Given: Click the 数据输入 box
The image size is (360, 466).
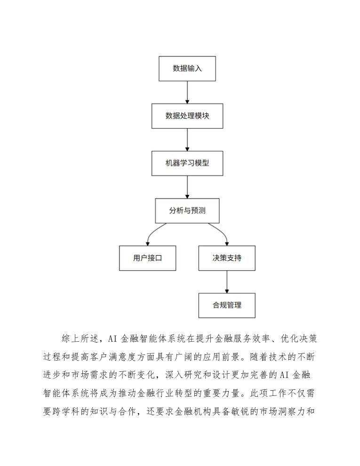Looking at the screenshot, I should tap(187, 69).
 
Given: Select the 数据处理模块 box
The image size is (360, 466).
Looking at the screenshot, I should tap(187, 116).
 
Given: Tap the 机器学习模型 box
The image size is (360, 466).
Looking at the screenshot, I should tap(187, 163).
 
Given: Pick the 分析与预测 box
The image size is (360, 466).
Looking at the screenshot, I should tap(187, 210).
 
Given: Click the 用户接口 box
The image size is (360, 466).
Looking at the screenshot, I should tap(147, 258).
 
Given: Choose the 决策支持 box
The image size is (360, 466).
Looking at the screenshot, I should tap(227, 258).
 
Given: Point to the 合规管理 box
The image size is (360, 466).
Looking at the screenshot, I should tap(227, 305).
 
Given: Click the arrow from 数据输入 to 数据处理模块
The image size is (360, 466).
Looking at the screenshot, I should tap(187, 92).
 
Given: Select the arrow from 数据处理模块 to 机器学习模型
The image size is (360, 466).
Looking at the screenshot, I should tap(187, 140).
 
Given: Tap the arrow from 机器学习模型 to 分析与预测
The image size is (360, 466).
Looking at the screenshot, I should tap(187, 187).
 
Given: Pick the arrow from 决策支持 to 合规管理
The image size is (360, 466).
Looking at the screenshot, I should tap(227, 281).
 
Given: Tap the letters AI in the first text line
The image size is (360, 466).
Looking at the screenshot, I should tap(112, 339).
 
